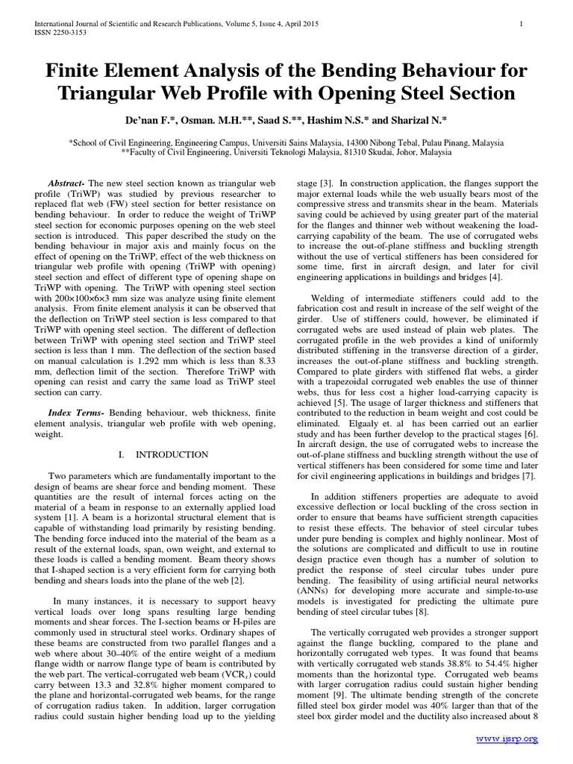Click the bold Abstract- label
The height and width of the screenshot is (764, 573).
[66, 184]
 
